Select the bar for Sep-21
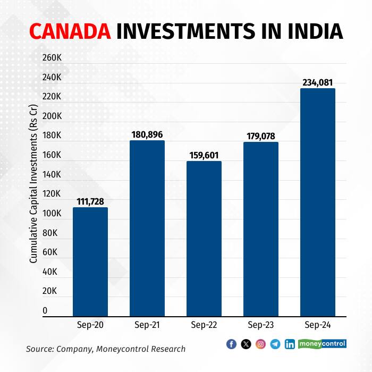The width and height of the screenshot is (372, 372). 147,229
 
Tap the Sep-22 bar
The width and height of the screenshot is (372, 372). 204,239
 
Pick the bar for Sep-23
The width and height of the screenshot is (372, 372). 261,229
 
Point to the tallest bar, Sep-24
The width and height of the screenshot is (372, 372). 318,202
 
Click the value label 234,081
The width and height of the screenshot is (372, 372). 318,82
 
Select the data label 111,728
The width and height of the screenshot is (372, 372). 90,201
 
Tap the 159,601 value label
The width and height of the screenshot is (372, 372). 204,155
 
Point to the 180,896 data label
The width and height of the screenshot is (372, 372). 147,135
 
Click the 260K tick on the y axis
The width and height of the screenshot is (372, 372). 52,57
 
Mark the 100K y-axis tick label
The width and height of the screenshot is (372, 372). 52,213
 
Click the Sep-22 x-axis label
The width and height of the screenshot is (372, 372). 204,325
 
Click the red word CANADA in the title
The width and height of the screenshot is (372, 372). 70,31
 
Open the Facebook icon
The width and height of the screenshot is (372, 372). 231,344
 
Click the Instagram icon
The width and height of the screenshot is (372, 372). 260,344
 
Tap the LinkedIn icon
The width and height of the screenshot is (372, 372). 290,344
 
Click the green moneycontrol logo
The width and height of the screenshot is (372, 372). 322,344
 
